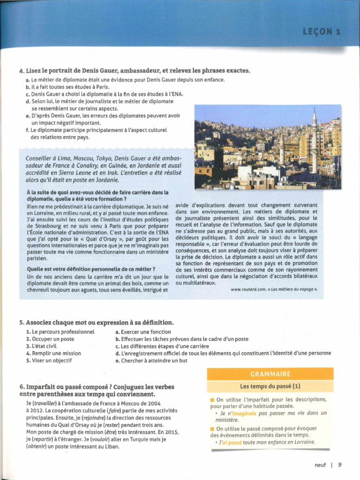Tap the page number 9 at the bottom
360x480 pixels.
(339, 465)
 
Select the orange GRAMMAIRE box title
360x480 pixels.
(270, 374)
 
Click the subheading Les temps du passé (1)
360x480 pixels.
(270, 386)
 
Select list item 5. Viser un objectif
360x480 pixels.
(49, 360)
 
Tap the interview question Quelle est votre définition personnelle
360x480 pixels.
(91, 269)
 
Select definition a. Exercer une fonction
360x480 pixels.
(143, 332)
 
